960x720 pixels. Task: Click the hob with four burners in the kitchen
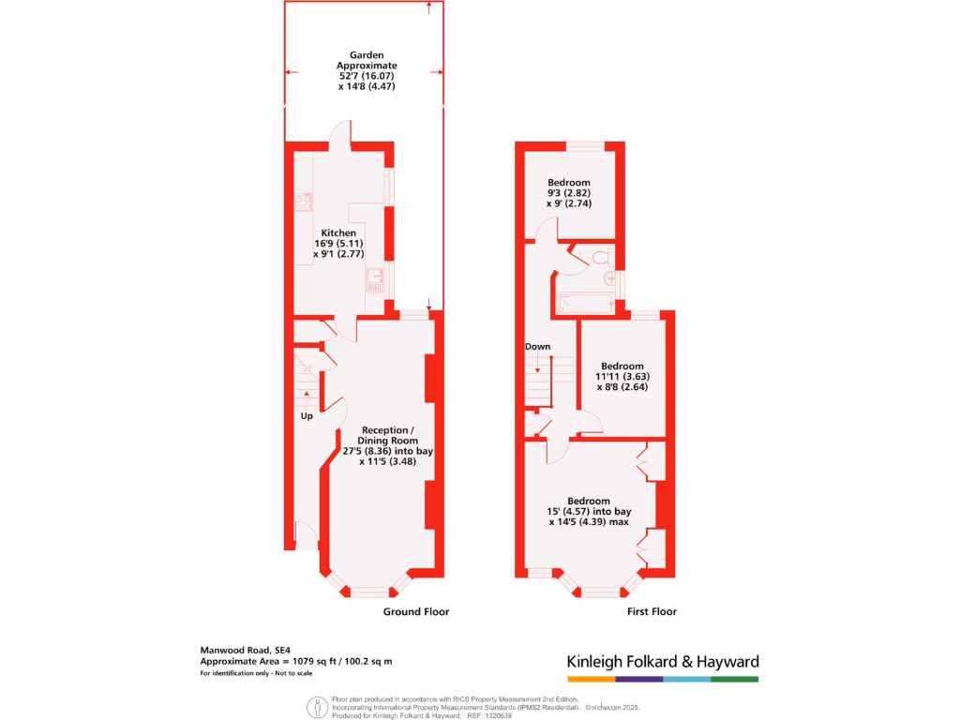(x=303, y=202)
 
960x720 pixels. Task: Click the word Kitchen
(x=338, y=232)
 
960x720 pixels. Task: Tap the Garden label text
(x=367, y=55)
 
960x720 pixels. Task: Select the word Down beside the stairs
(x=537, y=347)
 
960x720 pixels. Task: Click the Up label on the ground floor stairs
(x=307, y=416)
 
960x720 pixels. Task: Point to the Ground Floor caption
(x=415, y=612)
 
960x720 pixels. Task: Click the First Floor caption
(x=652, y=612)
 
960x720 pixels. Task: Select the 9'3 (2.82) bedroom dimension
(x=569, y=193)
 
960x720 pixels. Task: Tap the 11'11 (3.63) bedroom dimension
(x=622, y=376)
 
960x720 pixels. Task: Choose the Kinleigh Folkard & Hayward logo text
(x=663, y=661)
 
